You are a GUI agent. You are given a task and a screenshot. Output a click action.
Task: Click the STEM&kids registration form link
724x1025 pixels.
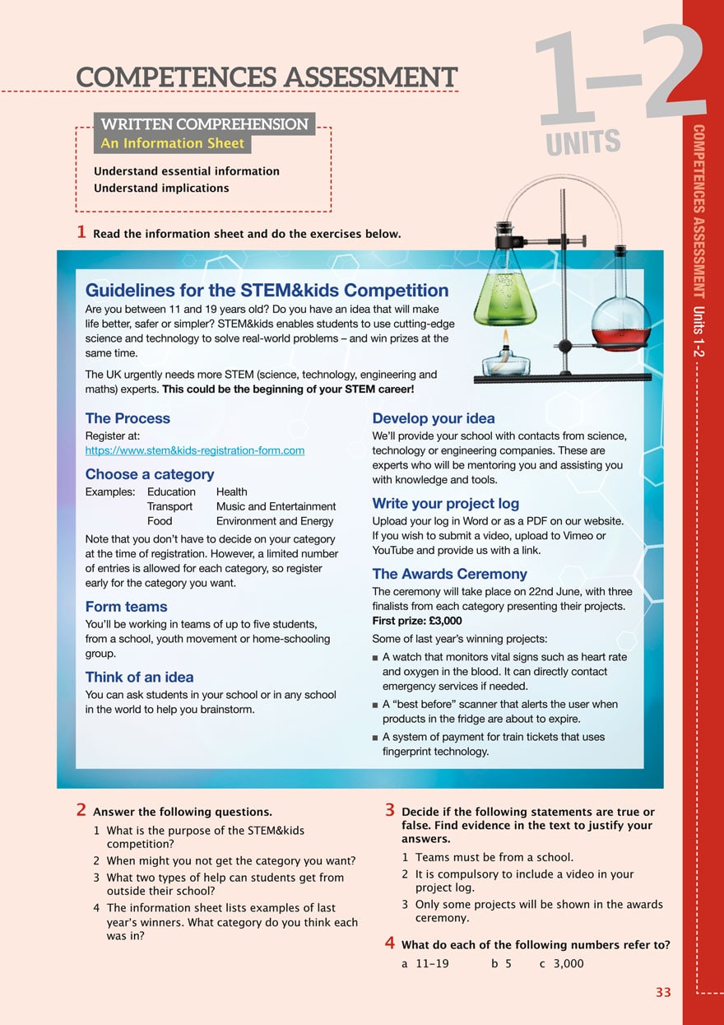click(x=195, y=450)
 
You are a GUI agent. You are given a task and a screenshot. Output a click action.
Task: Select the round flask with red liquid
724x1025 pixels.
click(x=620, y=317)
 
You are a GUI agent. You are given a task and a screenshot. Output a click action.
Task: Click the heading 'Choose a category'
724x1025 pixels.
click(x=150, y=474)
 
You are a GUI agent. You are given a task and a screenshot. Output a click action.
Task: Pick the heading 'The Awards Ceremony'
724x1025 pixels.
click(x=449, y=574)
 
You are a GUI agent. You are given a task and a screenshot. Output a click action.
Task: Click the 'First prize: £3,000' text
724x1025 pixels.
click(x=417, y=621)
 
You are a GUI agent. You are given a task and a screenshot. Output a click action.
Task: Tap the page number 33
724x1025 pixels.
click(x=663, y=993)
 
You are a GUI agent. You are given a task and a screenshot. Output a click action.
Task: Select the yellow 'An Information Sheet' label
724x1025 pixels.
click(x=172, y=143)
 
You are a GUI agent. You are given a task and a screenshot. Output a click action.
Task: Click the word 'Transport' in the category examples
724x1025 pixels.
click(x=169, y=506)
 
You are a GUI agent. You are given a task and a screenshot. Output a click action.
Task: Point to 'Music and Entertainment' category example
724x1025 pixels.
click(x=276, y=506)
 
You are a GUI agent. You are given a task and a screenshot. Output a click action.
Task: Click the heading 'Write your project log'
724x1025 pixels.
click(x=445, y=503)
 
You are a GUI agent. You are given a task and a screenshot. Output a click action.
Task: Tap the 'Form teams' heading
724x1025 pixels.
click(x=126, y=607)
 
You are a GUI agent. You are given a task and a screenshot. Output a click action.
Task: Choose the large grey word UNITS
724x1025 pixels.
click(x=583, y=142)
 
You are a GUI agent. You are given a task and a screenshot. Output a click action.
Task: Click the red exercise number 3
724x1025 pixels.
click(x=391, y=811)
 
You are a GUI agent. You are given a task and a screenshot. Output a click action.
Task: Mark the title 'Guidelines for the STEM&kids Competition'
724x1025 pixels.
click(x=267, y=291)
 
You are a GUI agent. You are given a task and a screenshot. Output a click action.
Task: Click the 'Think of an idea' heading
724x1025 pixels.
click(x=139, y=677)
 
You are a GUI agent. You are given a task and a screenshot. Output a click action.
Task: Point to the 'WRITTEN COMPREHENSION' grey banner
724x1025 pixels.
click(x=204, y=124)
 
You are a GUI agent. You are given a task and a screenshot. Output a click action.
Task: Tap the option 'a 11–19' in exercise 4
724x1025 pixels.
click(x=425, y=963)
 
